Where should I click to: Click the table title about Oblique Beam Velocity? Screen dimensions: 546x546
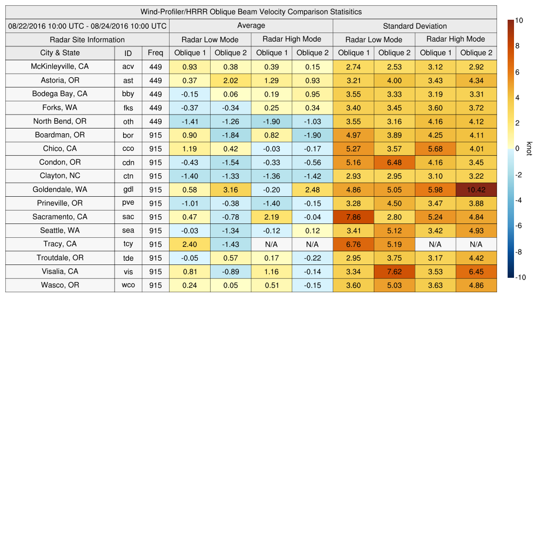[x=251, y=12]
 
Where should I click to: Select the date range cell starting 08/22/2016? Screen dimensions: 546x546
[x=87, y=26]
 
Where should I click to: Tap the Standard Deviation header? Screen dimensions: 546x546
[x=415, y=26]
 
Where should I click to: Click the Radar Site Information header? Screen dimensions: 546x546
[x=87, y=39]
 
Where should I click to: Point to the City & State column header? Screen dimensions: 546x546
[x=60, y=53]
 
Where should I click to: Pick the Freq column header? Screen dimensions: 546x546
[x=155, y=53]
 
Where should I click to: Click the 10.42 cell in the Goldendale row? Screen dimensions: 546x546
[x=476, y=189]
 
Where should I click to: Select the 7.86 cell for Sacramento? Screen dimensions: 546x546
[x=353, y=217]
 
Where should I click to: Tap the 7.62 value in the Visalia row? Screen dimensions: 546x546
[x=394, y=271]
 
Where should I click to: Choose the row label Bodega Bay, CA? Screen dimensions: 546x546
[x=60, y=94]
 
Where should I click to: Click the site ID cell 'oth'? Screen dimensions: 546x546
[x=128, y=122]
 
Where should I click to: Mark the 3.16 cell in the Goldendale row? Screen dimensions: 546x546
[x=230, y=189]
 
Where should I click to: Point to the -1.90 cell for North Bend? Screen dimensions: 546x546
[x=271, y=122]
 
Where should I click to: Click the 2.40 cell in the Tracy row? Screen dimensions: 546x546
[x=189, y=244]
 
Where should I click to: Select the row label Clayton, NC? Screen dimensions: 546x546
[x=60, y=176]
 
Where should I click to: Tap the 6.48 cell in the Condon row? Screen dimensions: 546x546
[x=394, y=162]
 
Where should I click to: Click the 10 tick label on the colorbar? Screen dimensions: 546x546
[x=519, y=20]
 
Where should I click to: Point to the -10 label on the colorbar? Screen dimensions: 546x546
[x=520, y=277]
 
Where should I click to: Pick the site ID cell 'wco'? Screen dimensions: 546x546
[x=128, y=285]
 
